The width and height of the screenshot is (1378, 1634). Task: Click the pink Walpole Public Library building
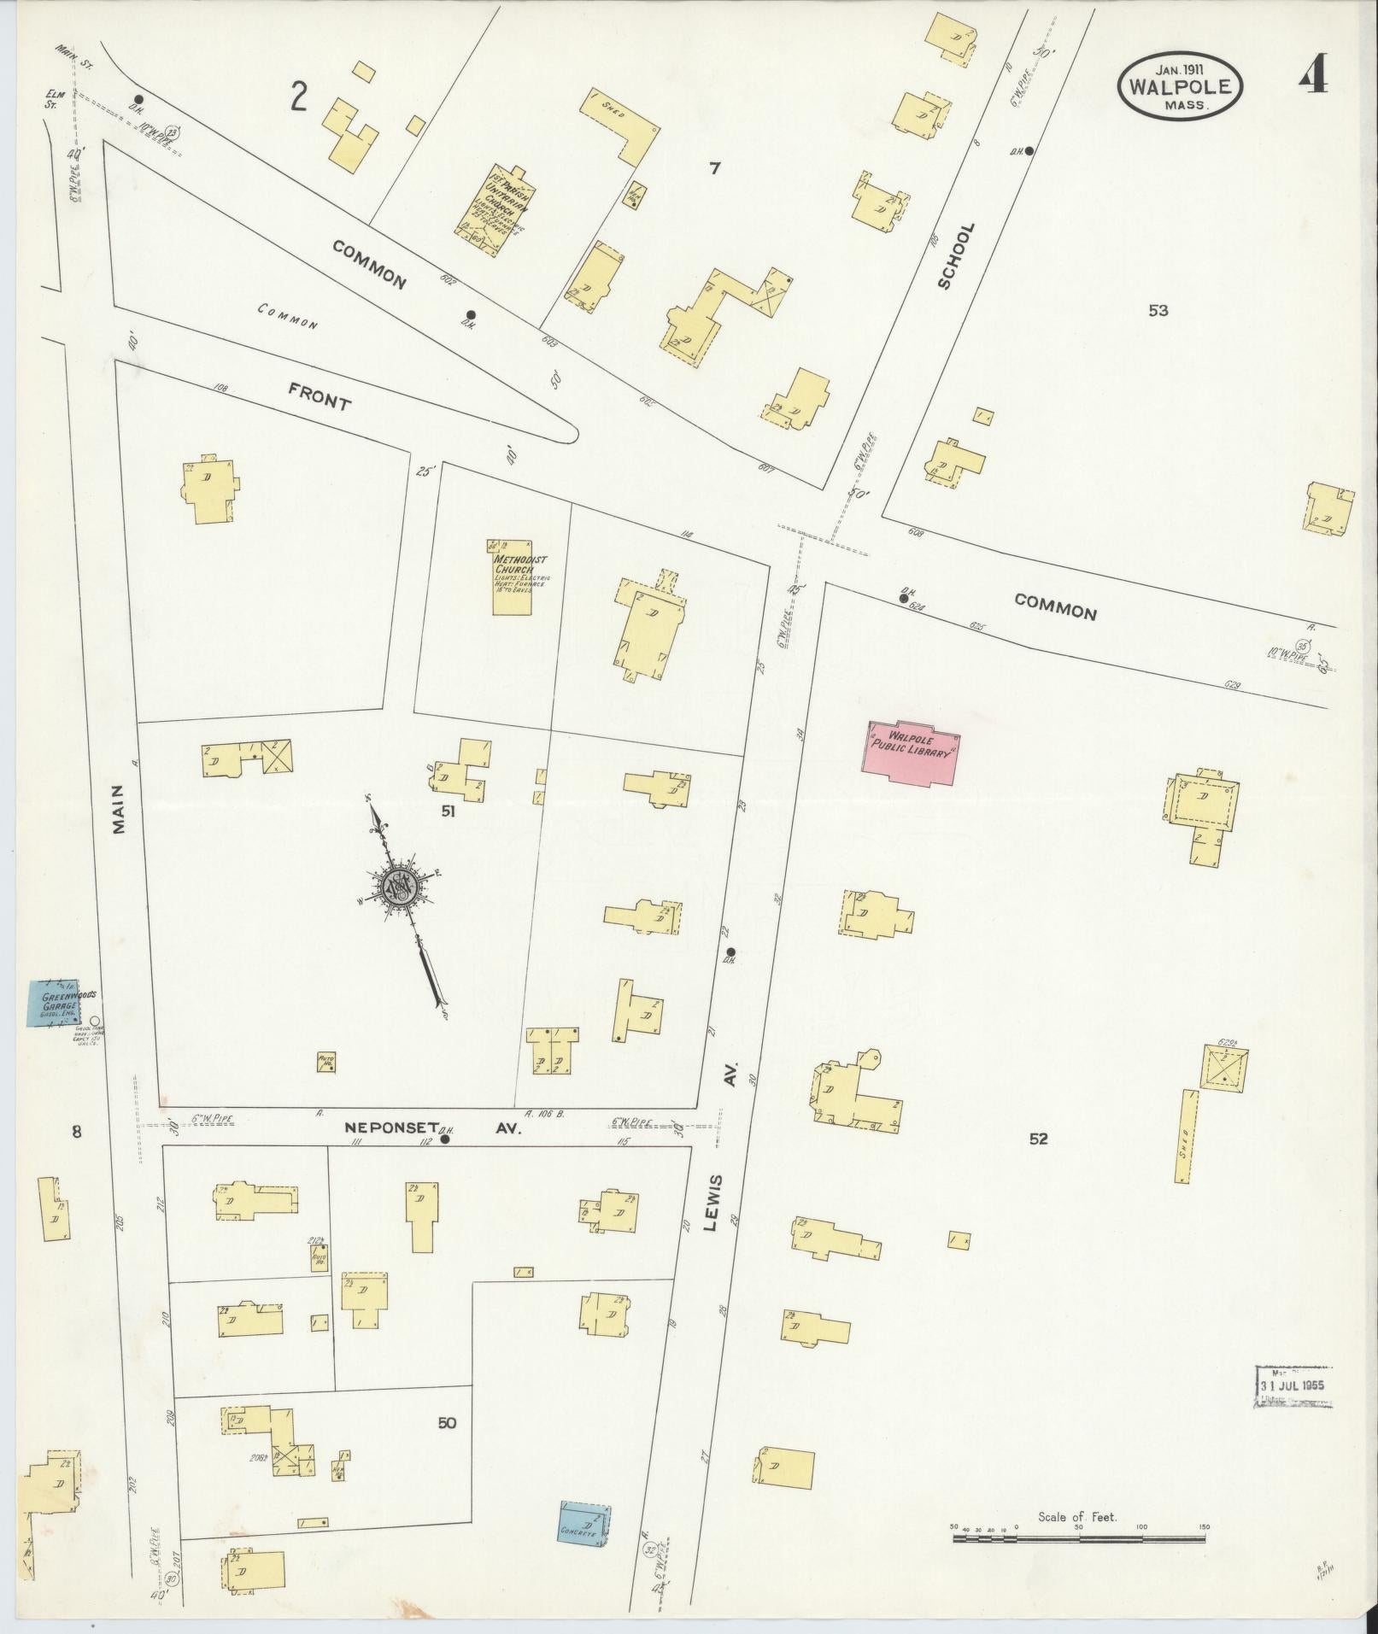pyautogui.click(x=912, y=752)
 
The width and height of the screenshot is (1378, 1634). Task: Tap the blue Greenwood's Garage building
pyautogui.click(x=55, y=1002)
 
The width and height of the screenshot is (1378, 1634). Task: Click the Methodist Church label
pyautogui.click(x=519, y=565)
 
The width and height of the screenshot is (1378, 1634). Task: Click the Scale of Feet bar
pyautogui.click(x=1078, y=1538)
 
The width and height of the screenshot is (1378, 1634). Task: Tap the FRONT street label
pyautogui.click(x=319, y=396)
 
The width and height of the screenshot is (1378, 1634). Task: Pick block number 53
pyautogui.click(x=1158, y=311)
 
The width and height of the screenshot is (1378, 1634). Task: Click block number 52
pyautogui.click(x=1038, y=1139)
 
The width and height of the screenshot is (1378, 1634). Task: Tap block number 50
pyautogui.click(x=447, y=1423)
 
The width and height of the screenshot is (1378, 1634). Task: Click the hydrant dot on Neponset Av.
pyautogui.click(x=444, y=1139)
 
